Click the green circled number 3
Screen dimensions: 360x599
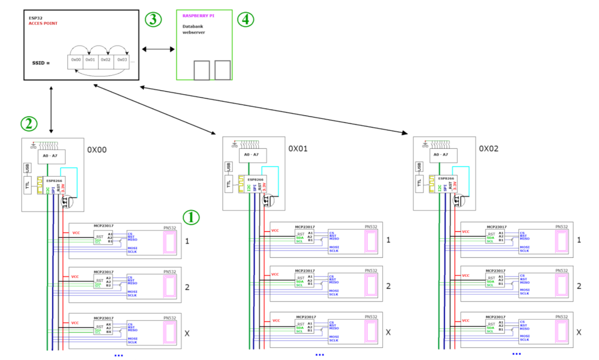(x=153, y=20)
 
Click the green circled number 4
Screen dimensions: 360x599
(x=245, y=20)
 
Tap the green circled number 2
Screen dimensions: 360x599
(x=28, y=123)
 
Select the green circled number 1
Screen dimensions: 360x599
(x=191, y=218)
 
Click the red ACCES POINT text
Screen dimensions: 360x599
(x=43, y=23)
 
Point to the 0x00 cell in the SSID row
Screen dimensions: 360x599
(x=75, y=60)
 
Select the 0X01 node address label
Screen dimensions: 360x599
(x=298, y=149)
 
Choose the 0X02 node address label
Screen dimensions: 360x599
(x=489, y=149)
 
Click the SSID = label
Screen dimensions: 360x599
(x=41, y=63)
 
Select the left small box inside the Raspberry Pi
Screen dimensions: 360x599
(x=201, y=70)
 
